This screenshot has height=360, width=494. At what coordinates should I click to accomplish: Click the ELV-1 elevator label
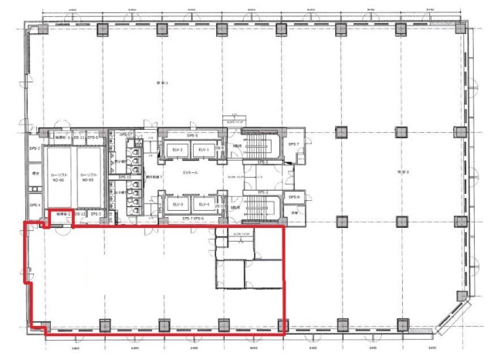[203, 149]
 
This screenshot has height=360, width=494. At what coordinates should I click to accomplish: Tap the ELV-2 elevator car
[178, 149]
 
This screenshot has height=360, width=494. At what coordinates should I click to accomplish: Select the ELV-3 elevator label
[178, 204]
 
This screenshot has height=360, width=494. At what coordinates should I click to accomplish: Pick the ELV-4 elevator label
[203, 204]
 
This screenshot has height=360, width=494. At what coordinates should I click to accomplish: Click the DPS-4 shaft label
[34, 205]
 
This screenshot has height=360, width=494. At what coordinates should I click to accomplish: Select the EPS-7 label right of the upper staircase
[293, 144]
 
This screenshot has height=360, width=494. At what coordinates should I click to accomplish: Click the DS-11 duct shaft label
[79, 137]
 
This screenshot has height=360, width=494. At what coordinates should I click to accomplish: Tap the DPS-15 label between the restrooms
[123, 176]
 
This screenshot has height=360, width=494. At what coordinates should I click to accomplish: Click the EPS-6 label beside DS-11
[92, 137]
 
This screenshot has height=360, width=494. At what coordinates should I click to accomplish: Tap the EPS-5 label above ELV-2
[181, 134]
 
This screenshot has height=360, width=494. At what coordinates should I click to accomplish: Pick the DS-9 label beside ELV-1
[219, 149]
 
